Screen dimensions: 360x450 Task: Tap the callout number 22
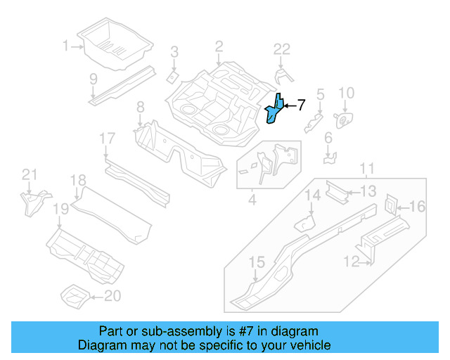pyautogui.click(x=282, y=49)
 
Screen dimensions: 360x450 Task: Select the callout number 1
pyautogui.click(x=66, y=46)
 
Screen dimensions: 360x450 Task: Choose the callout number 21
pyautogui.click(x=28, y=174)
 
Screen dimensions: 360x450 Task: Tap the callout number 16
pyautogui.click(x=418, y=206)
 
